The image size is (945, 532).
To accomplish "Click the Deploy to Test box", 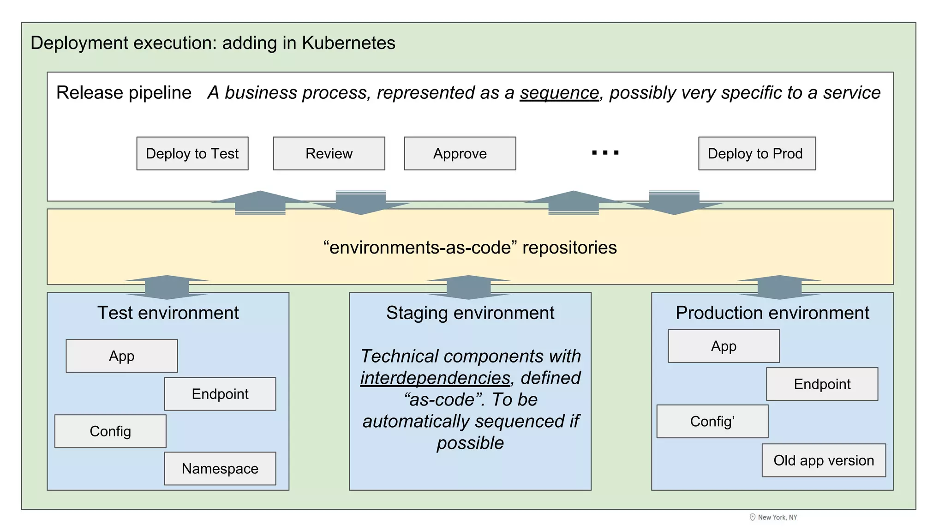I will coord(192,153).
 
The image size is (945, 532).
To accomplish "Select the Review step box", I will coord(329,153).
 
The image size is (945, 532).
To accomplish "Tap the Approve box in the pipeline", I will coord(460,153).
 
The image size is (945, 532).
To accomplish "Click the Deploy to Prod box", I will coord(756,153).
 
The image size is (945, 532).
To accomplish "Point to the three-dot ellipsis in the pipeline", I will coord(605,153).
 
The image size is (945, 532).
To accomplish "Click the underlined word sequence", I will coord(559,93).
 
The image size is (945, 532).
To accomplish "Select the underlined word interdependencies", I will coord(435,378).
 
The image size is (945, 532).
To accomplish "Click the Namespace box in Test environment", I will coord(220,468).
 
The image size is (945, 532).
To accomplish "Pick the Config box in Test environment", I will coord(110,431).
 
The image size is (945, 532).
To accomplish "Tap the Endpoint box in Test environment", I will coord(220,394).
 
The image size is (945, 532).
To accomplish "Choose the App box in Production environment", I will coord(723,346).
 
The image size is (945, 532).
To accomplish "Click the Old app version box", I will coord(823,460).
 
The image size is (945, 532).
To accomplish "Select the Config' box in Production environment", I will coord(712,421).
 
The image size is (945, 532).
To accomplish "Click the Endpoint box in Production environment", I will coord(821,384).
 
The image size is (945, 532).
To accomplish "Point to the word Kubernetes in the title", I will coord(348,43).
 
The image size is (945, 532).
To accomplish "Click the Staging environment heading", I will coord(470,313).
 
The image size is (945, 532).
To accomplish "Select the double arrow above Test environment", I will coord(167,287).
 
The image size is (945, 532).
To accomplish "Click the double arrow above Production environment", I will coord(779,287).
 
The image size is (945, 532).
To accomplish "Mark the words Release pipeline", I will coord(124,93).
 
